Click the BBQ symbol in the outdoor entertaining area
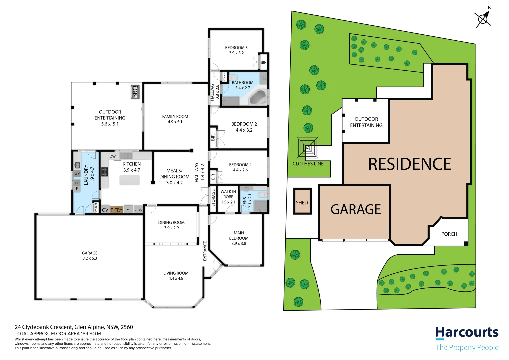pos(135,92)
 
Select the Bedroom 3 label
pos(236,48)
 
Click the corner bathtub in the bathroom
pos(258,98)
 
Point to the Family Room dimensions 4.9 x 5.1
pos(175,122)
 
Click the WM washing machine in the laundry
pos(77,174)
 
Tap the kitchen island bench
pos(130,180)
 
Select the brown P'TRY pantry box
pos(116,210)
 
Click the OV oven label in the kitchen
pos(105,210)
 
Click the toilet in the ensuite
pos(263,195)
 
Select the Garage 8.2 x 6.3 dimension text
pos(90,258)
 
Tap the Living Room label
pos(176,273)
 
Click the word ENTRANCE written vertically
pos(205,251)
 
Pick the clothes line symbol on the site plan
pos(307,148)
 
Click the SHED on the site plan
pos(302,201)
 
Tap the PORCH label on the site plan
pos(449,234)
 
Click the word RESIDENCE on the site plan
pos(410,164)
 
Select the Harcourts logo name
pos(467,333)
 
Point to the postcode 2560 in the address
pos(127,327)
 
